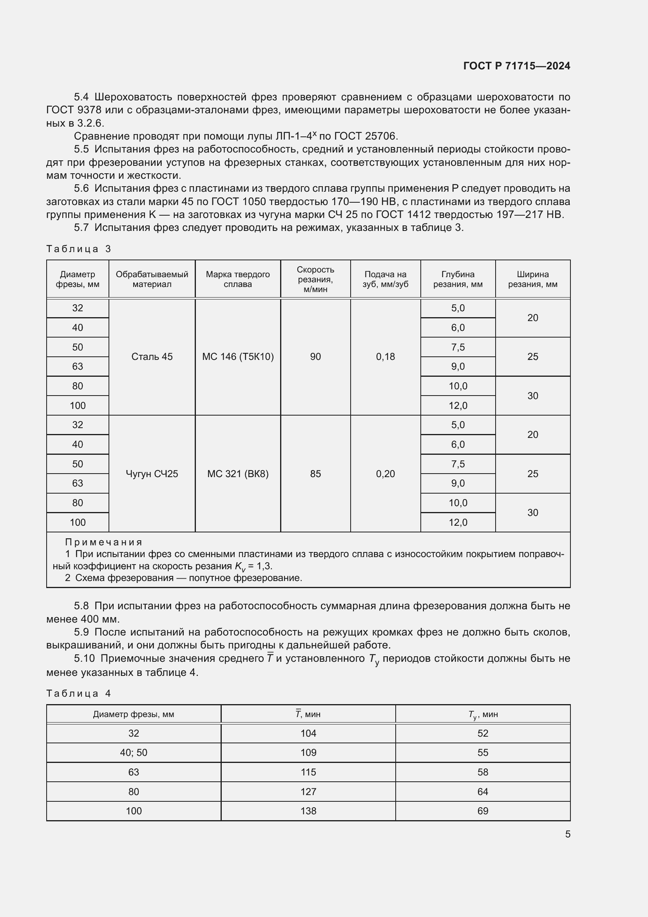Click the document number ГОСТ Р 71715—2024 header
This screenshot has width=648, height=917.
point(516,66)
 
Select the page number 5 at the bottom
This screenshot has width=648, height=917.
point(567,834)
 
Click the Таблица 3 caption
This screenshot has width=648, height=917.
point(79,249)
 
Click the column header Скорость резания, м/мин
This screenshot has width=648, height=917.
point(315,279)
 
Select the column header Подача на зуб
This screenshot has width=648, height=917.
point(385,279)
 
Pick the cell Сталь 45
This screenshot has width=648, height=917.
point(152,357)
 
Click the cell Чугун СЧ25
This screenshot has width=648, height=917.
point(152,474)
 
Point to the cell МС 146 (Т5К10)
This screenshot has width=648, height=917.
point(238,357)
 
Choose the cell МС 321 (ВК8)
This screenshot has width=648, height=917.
point(238,474)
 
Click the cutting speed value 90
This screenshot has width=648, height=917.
point(315,357)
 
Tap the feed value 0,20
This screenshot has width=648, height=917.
point(385,474)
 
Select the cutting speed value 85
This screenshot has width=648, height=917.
point(315,474)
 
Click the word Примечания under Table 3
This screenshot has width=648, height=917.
point(104,542)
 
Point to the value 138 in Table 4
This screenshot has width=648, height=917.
point(308,811)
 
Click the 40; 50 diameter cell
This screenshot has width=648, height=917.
point(134,752)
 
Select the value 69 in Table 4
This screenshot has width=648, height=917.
point(482,811)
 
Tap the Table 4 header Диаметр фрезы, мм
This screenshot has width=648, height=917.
point(134,714)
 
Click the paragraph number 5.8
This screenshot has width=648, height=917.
point(81,606)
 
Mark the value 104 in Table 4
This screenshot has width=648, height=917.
point(308,733)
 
